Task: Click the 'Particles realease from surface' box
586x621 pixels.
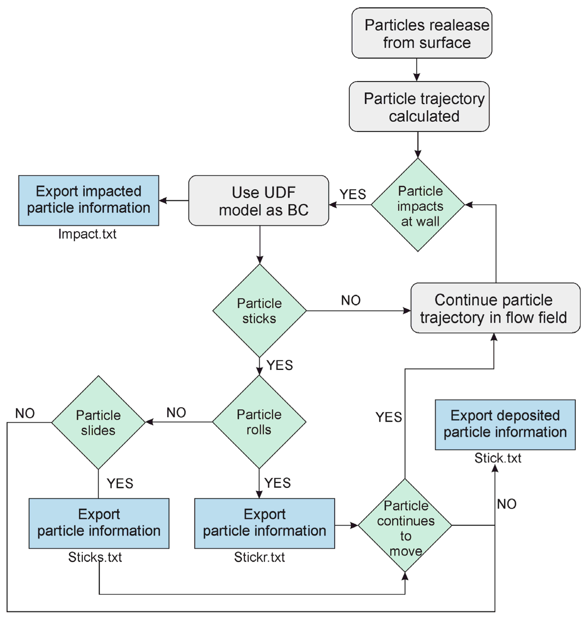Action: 422,33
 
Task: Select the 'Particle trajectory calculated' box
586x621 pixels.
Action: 419,107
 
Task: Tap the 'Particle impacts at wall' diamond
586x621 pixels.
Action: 418,205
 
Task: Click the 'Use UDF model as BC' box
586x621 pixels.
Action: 259,201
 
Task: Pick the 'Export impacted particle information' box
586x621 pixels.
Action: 89,200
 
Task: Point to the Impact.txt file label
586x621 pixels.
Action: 87,234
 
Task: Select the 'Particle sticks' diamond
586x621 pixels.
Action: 259,310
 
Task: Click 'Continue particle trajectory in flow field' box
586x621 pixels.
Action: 495,308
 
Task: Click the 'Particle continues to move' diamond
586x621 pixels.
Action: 405,525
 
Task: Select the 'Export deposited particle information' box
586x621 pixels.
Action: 505,425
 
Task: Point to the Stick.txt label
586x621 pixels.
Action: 498,458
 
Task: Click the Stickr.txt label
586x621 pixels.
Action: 259,557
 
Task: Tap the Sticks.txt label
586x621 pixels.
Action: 95,557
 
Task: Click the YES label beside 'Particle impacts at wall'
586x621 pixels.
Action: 353,194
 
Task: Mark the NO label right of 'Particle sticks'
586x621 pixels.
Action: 351,300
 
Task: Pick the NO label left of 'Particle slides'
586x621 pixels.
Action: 25,413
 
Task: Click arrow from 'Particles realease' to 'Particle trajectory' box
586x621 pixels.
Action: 416,70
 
